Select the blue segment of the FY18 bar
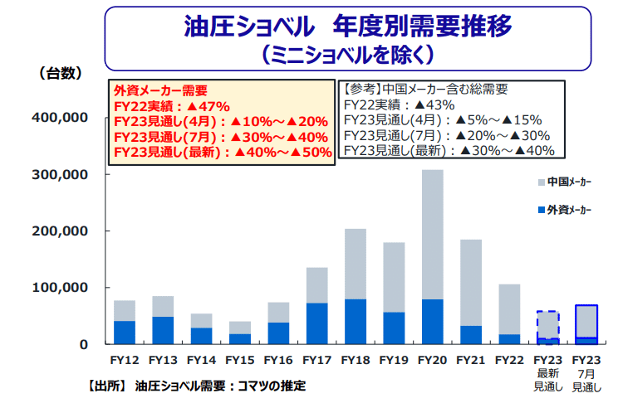point(355,322)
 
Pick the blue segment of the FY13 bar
point(163,330)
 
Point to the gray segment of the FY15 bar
point(240,328)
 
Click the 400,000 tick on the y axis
point(60,118)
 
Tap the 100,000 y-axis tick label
point(60,288)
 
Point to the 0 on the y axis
point(84,344)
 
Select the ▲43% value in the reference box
point(434,104)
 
